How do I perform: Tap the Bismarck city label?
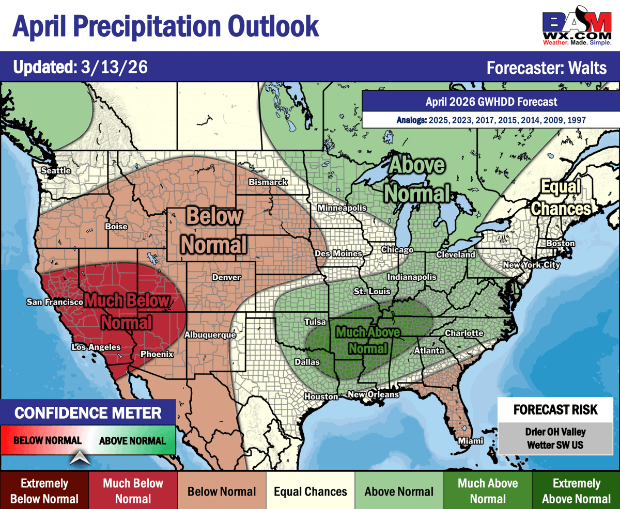[268, 182]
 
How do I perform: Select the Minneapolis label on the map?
[342, 208]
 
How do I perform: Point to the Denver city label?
[226, 277]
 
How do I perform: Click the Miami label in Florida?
[470, 441]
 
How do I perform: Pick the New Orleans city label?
[373, 394]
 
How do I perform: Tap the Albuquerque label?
[210, 335]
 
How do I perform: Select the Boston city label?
[560, 243]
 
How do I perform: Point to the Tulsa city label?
[315, 322]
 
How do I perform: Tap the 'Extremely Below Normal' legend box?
[44, 491]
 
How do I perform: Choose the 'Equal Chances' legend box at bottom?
[311, 491]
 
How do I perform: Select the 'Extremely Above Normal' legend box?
[576, 491]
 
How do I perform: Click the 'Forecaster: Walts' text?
[547, 68]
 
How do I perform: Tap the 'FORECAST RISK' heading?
[555, 410]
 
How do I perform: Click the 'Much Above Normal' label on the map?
[367, 340]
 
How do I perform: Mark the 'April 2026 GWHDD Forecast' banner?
[491, 102]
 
